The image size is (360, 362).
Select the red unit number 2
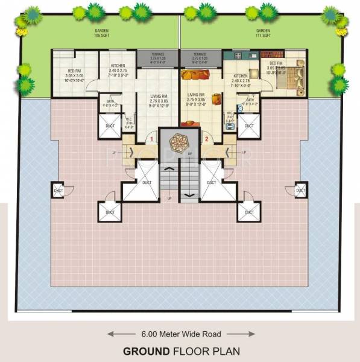tap(206, 139)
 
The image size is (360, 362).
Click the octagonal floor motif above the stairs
tap(180, 142)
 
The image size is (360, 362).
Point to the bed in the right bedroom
tap(294, 78)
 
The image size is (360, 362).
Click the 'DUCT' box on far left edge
tap(58, 191)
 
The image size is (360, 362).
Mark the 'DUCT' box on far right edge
tap(300, 191)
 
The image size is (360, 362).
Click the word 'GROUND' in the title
tap(144, 351)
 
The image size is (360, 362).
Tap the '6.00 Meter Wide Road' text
tap(180, 333)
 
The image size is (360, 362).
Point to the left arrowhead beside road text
tap(111, 333)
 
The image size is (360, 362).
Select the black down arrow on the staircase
tap(189, 194)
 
